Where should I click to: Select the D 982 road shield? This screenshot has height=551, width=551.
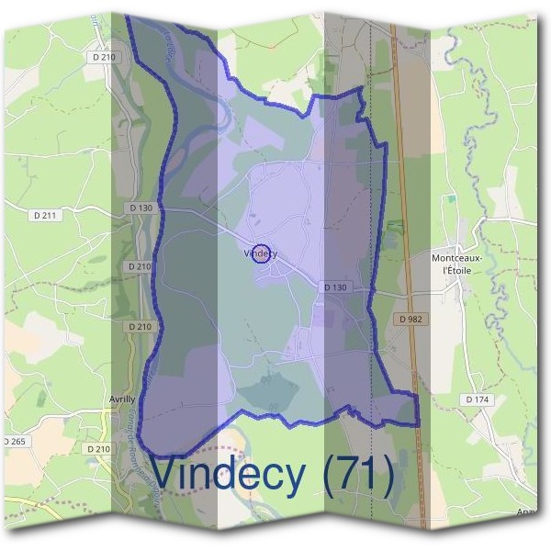click(412, 319)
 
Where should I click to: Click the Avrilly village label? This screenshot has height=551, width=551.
click(121, 399)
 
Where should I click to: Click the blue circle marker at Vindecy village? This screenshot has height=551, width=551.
click(261, 254)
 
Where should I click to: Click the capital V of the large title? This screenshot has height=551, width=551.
click(167, 474)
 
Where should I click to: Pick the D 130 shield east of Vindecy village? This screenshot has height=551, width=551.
click(336, 287)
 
